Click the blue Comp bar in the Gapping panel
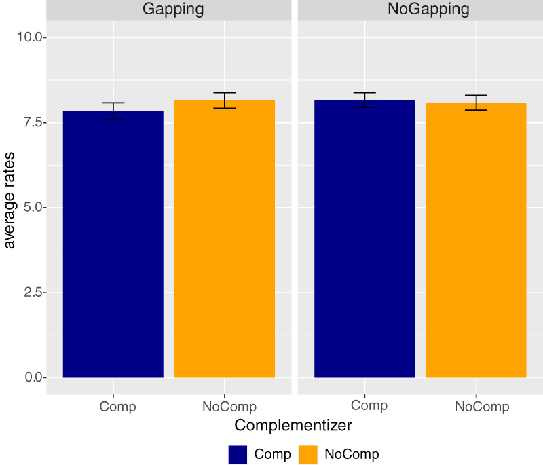pos(113,244)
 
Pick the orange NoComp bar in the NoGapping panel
pos(476,240)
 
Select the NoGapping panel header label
pos(420,10)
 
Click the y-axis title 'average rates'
pos(10,207)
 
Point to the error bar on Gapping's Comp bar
pos(113,111)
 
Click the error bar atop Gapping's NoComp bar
pos(225,100)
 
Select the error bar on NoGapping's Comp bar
pos(364,100)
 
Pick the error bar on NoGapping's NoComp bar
pos(476,103)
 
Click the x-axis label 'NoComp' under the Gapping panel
pos(229,407)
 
